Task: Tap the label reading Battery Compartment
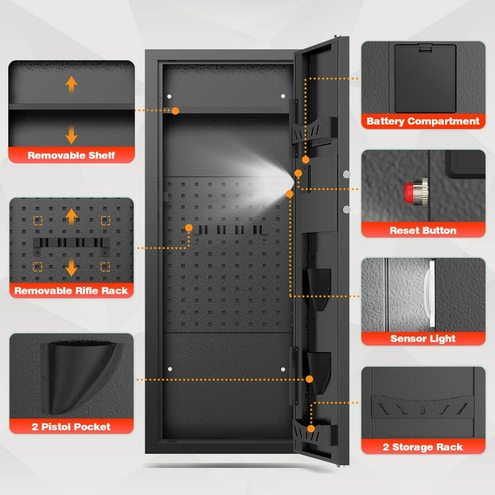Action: (x=423, y=121)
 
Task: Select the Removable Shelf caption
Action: (x=72, y=155)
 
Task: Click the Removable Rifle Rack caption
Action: (x=72, y=291)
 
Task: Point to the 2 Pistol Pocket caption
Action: (x=72, y=427)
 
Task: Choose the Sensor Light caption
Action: (x=423, y=339)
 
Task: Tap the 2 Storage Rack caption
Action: (x=423, y=447)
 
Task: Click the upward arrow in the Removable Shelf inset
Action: (x=72, y=84)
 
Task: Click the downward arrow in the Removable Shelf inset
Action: (x=72, y=135)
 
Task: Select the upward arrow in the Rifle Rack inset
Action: (x=72, y=217)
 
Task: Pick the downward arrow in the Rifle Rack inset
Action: (x=72, y=267)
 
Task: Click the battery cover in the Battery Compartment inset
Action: (x=425, y=78)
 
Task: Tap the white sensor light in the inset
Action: (x=430, y=293)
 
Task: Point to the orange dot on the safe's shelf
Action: (x=175, y=111)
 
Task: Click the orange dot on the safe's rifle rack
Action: (x=189, y=228)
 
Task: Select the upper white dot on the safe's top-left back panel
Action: (x=170, y=96)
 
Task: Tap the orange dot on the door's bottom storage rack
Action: (x=311, y=429)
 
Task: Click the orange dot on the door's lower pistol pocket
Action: (x=309, y=379)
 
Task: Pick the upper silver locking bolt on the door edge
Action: (x=347, y=174)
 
